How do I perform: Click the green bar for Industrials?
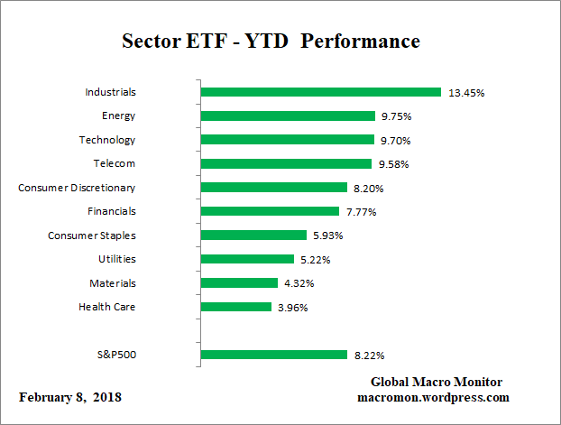[x=320, y=92]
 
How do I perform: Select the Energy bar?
[x=288, y=115]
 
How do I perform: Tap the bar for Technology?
[x=287, y=140]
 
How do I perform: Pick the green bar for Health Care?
[x=235, y=307]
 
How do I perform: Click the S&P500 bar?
[x=273, y=355]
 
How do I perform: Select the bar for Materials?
[x=239, y=282]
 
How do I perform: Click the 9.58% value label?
[x=393, y=164]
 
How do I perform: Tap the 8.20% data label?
[x=369, y=188]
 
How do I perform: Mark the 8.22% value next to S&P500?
[x=369, y=356]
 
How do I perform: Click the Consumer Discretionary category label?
[x=77, y=188]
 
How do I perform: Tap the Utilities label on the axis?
[x=116, y=259]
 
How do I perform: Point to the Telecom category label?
[x=114, y=163]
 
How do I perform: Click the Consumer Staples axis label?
[x=91, y=236]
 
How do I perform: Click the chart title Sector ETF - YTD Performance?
[x=271, y=42]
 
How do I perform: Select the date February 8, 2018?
[x=70, y=397]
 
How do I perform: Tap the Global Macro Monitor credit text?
[x=436, y=382]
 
